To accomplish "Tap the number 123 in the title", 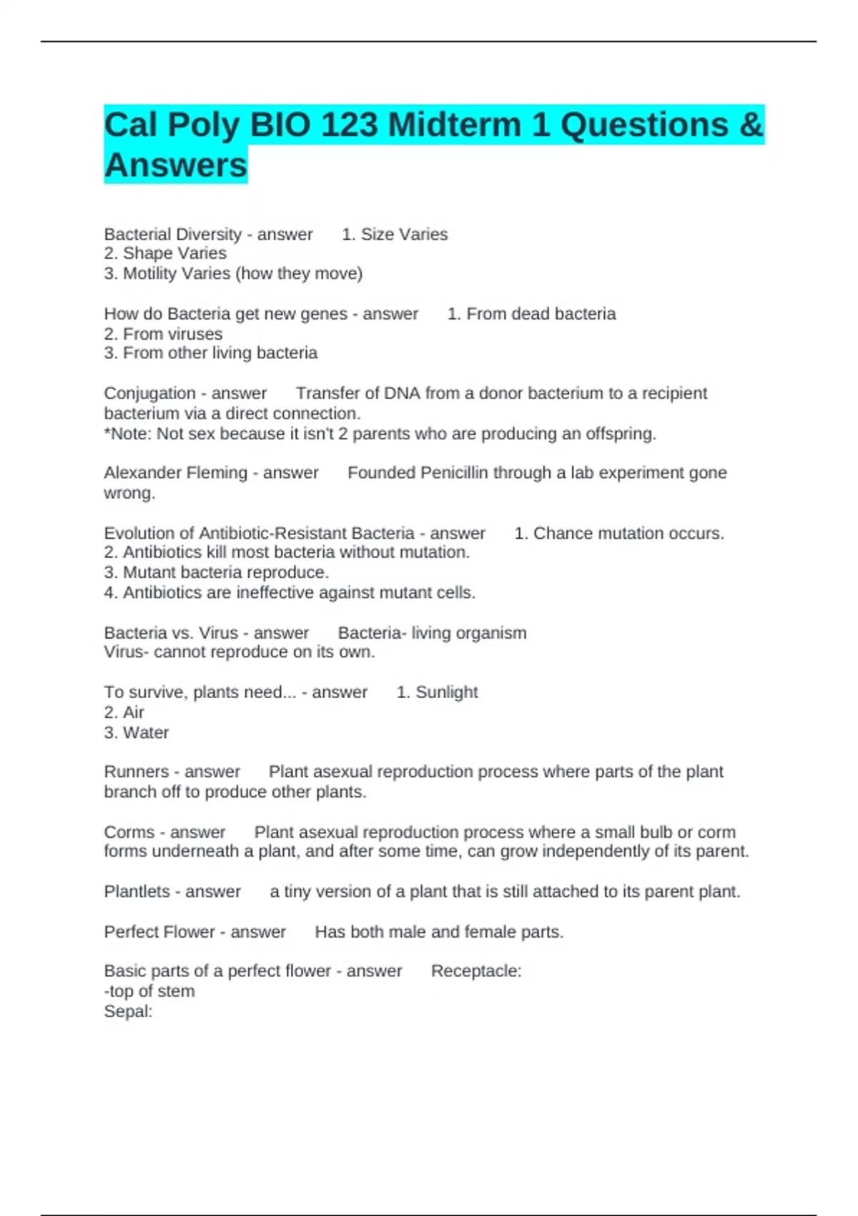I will click(x=349, y=125).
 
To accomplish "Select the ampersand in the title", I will click(x=751, y=125).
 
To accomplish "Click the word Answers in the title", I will click(x=176, y=165).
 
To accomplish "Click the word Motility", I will click(x=150, y=273).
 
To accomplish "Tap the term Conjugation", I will click(x=149, y=393).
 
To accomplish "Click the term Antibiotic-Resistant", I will click(x=307, y=534).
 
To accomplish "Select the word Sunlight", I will click(x=447, y=692).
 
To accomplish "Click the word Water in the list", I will click(x=146, y=732).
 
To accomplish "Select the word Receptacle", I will click(x=475, y=971).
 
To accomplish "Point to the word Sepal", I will click(x=127, y=1011).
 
